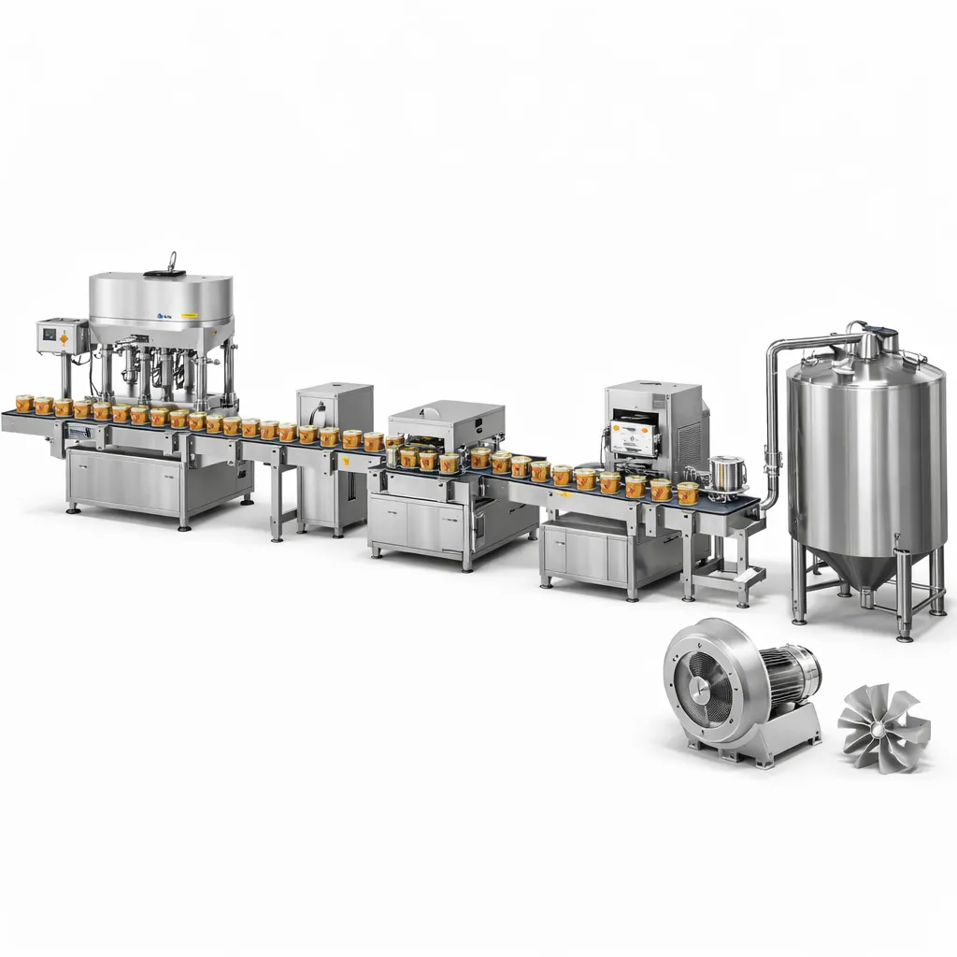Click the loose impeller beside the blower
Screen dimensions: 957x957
pyautogui.click(x=882, y=726)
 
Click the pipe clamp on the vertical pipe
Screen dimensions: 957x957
pyautogui.click(x=772, y=459)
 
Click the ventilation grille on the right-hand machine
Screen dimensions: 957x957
pyautogui.click(x=689, y=434)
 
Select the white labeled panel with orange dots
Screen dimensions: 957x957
pyautogui.click(x=634, y=437)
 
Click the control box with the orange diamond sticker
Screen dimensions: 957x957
pyautogui.click(x=58, y=335)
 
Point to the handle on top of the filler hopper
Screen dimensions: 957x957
pyautogui.click(x=170, y=264)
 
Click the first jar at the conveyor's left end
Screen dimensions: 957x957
pyautogui.click(x=24, y=403)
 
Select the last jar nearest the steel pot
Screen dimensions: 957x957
pyautogui.click(x=688, y=493)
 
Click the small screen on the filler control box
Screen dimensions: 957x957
pyautogui.click(x=48, y=331)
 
